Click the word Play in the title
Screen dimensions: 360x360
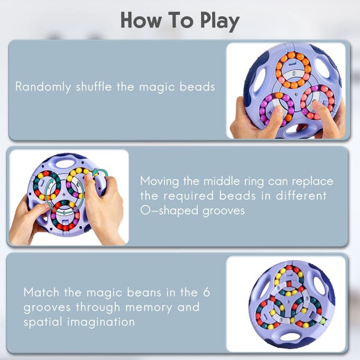tap(214, 20)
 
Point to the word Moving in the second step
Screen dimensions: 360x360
tap(159, 181)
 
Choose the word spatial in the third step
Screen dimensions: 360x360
tap(43, 322)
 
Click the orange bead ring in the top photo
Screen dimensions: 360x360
tap(293, 70)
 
